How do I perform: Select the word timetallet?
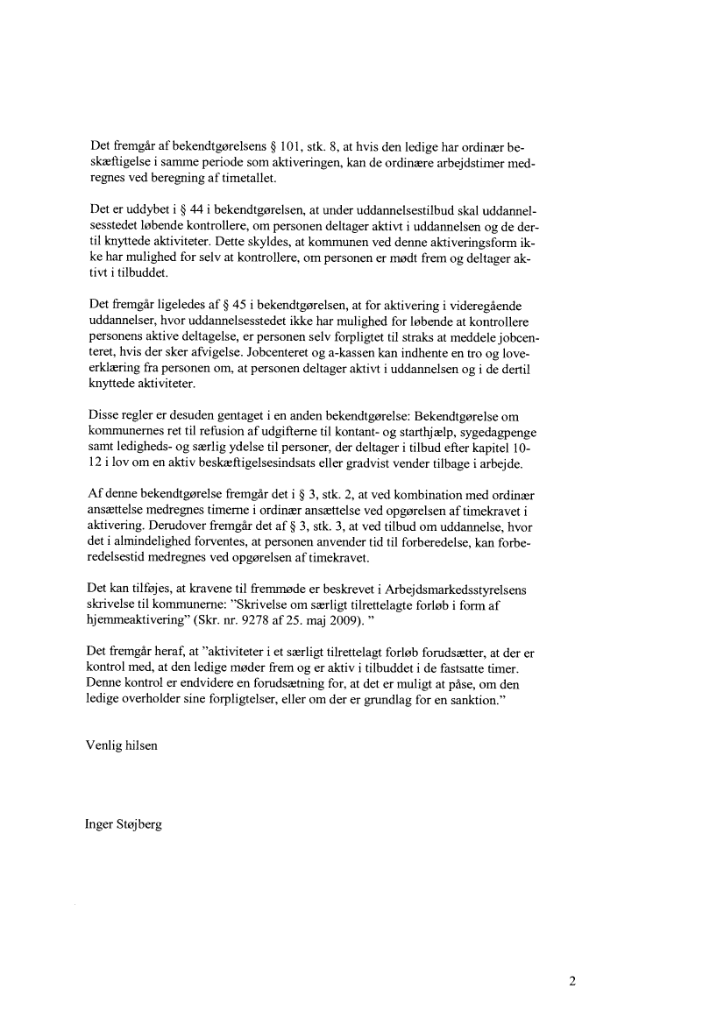click(x=246, y=178)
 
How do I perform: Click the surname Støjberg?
click(x=143, y=825)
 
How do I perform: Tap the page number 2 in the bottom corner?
click(x=571, y=981)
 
